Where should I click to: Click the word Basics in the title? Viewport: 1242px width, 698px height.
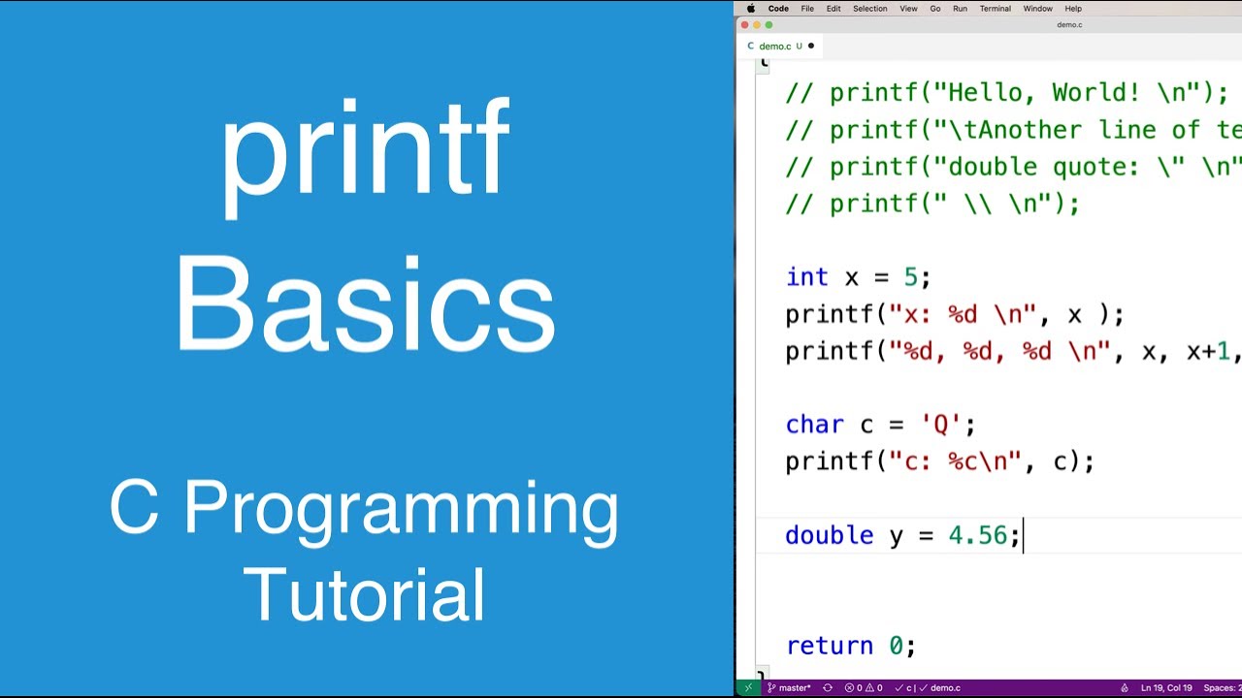point(365,305)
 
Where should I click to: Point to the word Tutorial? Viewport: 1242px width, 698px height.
point(365,594)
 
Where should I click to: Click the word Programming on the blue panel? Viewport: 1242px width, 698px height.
point(401,509)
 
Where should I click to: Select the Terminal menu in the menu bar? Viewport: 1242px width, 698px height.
point(995,9)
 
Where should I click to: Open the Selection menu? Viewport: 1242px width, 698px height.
point(869,9)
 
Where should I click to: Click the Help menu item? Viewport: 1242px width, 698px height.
point(1073,9)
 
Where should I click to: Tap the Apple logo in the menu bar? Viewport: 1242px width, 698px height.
point(751,9)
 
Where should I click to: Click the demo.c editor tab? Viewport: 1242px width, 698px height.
point(774,46)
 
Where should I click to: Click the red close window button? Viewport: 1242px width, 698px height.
point(745,25)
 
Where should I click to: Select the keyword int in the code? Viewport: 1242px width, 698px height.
point(807,277)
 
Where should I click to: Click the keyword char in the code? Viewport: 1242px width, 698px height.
point(814,425)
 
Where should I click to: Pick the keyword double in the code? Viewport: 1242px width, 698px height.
point(829,535)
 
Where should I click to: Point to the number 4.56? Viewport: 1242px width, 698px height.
point(978,535)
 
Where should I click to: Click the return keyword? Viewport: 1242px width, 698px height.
point(829,646)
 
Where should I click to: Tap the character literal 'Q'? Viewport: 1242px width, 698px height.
point(940,425)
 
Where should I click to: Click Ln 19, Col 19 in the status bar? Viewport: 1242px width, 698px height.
point(1166,688)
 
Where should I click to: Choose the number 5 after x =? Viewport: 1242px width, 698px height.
point(910,277)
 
